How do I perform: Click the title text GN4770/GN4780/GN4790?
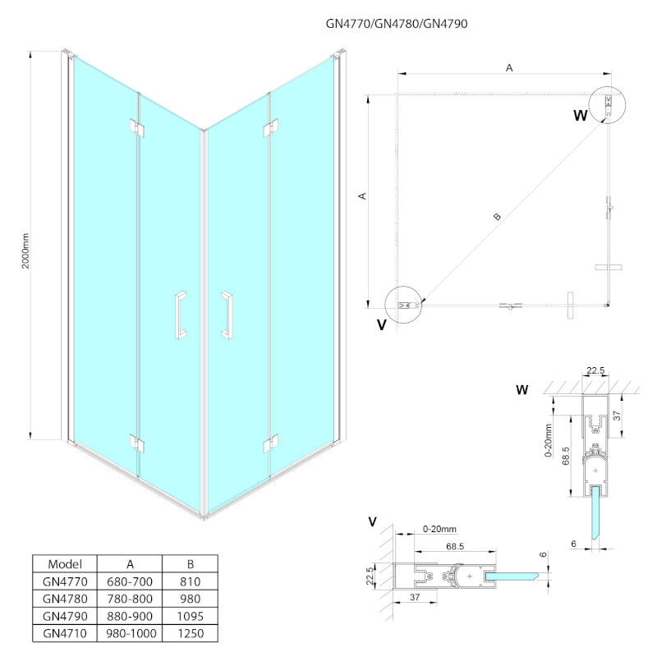point(397,24)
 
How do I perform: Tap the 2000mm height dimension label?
point(25,250)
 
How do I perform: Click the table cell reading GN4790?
point(65,615)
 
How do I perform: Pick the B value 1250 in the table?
point(190,633)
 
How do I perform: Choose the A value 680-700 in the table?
point(131,581)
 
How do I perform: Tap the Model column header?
point(65,564)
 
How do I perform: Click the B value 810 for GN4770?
point(190,581)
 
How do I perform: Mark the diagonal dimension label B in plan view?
point(496,218)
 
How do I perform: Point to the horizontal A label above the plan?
point(509,68)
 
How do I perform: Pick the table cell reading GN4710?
point(65,633)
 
